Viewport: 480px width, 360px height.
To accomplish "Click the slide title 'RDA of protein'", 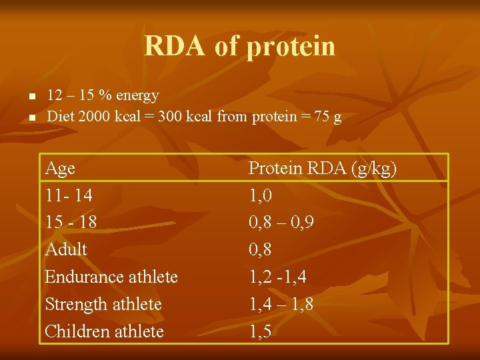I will point(239,46).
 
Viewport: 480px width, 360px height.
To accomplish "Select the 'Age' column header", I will point(60,169).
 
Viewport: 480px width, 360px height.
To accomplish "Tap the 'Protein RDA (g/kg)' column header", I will point(323,169).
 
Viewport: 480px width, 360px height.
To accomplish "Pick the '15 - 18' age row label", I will point(71,223).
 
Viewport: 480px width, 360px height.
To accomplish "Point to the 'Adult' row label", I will point(66,250).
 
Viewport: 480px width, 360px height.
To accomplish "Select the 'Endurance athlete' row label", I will point(111,277).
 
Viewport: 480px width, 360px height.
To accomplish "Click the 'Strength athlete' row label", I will point(103,304).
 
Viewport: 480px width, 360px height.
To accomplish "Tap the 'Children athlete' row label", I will point(104,331).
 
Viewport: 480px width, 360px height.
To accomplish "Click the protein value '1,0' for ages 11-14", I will point(260,196).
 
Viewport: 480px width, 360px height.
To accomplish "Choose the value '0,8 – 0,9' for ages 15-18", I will point(281,223).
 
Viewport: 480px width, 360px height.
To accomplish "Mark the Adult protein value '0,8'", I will point(260,250).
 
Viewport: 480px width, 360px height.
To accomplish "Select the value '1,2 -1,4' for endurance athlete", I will point(277,277).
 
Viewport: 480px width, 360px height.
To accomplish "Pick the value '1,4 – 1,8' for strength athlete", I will point(281,304).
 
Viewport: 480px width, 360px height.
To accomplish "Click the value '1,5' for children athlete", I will point(260,331).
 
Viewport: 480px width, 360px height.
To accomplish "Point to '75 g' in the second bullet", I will point(328,117).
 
